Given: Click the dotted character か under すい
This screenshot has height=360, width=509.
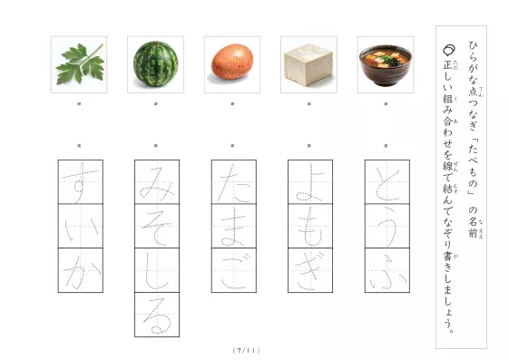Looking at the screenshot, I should tap(80, 269).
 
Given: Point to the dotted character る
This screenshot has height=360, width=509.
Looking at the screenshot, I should tap(156, 314).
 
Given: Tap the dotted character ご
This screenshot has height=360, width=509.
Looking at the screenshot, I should tap(232, 269).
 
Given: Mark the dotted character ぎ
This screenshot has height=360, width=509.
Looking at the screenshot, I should tap(309, 269).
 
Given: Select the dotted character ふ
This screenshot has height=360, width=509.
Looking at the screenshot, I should tap(386, 269).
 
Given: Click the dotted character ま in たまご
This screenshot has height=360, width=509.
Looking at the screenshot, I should tap(232, 226).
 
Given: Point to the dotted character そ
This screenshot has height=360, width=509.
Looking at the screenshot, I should tap(156, 226).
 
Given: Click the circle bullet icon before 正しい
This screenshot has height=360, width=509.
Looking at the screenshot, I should tap(447, 54).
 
